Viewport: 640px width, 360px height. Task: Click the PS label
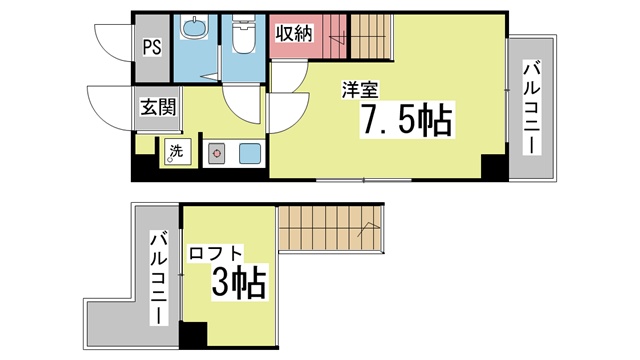coord(152,47)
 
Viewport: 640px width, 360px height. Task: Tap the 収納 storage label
coord(294,33)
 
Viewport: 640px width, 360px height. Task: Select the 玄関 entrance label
coord(158,107)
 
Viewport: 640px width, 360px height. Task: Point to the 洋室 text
coord(360,90)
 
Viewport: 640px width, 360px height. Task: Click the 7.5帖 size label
coord(407,119)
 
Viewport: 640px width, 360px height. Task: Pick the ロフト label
coord(216,254)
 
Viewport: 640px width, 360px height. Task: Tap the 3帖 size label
coord(239,282)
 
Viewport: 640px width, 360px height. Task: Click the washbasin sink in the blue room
coord(194,28)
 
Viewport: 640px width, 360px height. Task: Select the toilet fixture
coord(243,34)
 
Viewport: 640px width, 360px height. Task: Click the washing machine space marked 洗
coord(178,151)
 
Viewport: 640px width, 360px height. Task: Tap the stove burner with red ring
coord(216,153)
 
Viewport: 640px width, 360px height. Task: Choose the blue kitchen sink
coord(249,153)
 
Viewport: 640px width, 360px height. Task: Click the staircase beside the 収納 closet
coord(370,37)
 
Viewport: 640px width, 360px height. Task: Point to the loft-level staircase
coord(331,229)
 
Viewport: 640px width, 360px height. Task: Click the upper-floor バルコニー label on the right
coord(532,108)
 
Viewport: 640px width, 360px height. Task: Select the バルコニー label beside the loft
coord(159,279)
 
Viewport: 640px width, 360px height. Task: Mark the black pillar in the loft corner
coord(193,336)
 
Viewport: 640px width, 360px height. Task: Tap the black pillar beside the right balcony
coord(495,167)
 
